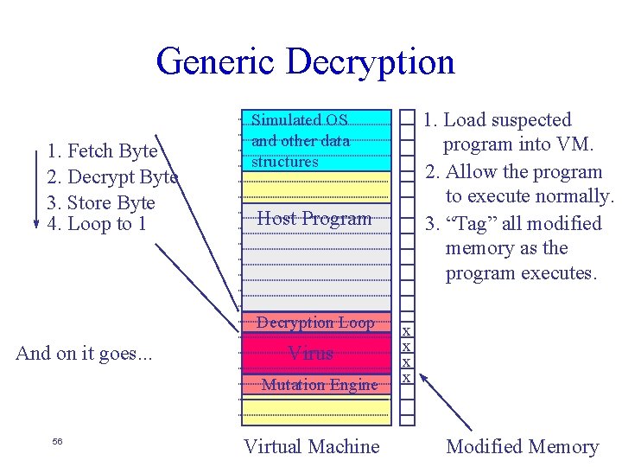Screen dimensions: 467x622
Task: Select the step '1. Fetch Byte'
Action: pyautogui.click(x=102, y=151)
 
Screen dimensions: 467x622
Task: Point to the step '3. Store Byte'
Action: pyautogui.click(x=101, y=203)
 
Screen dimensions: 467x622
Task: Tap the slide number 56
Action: pyautogui.click(x=57, y=442)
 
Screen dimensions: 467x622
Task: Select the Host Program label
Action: pyautogui.click(x=314, y=219)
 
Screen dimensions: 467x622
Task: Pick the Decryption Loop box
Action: pyautogui.click(x=315, y=323)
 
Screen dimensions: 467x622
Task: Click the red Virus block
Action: pyautogui.click(x=311, y=353)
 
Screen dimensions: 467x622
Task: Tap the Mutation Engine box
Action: pyautogui.click(x=319, y=385)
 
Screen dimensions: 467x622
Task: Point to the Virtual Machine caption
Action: pyautogui.click(x=311, y=446)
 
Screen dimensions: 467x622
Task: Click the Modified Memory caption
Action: pyautogui.click(x=522, y=446)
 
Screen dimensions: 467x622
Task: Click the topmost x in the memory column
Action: pyautogui.click(x=407, y=331)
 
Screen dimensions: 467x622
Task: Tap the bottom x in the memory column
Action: pyautogui.click(x=407, y=378)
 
